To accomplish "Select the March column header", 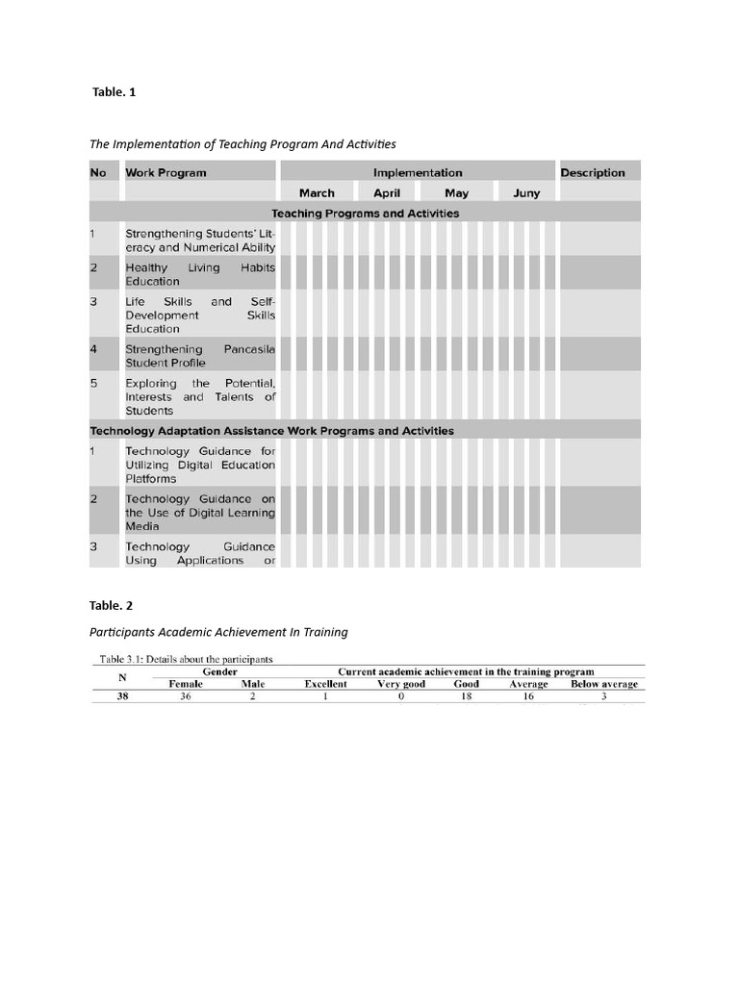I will pos(317,193).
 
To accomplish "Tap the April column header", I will pos(387,193).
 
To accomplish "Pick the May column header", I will pos(456,193).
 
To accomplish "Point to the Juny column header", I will pos(526,193).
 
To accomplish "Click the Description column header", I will pos(593,173).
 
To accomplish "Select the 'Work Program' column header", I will pos(166,173).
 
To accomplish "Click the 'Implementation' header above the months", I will pos(418,173).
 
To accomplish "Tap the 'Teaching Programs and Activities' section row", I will pos(365,214).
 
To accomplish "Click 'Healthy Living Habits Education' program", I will pos(200,274).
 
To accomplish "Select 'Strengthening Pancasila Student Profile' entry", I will pos(200,356).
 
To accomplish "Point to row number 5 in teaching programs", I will pos(94,384).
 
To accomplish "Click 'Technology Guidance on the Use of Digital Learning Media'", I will pos(200,512).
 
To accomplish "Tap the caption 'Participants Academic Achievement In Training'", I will pos(218,632).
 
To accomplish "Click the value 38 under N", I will pos(122,697).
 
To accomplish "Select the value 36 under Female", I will pos(186,697).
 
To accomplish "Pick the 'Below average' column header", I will pos(603,684).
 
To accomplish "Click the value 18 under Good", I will pos(466,697).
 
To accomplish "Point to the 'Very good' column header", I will pos(401,684).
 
